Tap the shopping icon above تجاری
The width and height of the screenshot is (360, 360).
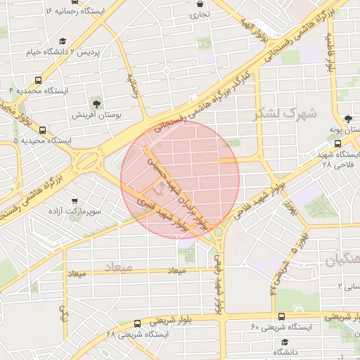click(x=201, y=3)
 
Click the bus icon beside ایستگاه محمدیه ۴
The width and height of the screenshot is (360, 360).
click(x=37, y=80)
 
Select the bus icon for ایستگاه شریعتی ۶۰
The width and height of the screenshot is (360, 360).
click(x=281, y=317)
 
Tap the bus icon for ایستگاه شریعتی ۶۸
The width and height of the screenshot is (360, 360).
click(x=136, y=324)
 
